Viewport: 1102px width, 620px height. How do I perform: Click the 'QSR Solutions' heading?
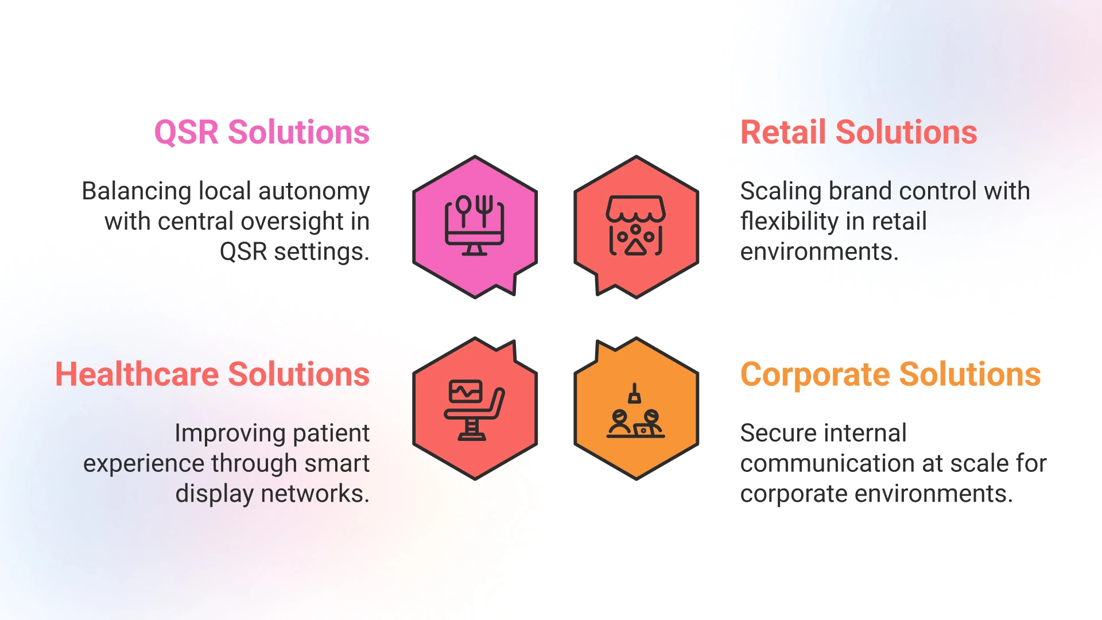[x=262, y=133]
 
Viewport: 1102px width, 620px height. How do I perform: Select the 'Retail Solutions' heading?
[x=859, y=133]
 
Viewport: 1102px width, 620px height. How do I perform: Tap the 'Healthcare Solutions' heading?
[x=212, y=374]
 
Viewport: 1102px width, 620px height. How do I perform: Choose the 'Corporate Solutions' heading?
[x=890, y=374]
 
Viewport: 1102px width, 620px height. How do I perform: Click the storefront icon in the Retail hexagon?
[x=636, y=226]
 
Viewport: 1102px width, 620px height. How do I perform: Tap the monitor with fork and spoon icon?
[x=475, y=226]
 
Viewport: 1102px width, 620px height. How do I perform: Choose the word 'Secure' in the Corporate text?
[x=773, y=433]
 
